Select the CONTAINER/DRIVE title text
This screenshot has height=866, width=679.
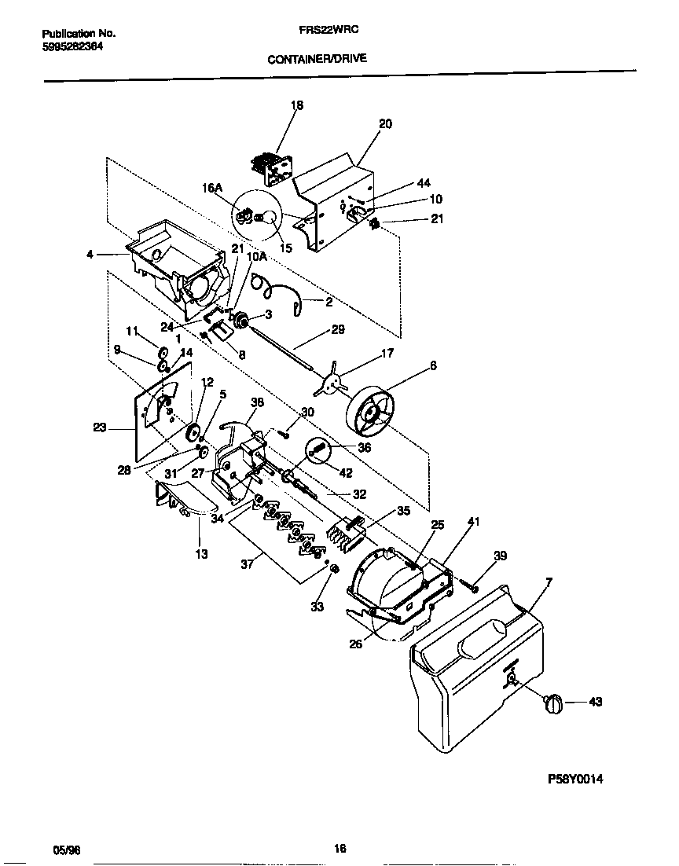317,58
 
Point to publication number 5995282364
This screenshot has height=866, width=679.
72,46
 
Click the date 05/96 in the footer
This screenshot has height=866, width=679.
66,849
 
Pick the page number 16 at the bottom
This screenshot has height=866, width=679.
339,849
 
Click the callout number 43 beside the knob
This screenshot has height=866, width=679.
595,702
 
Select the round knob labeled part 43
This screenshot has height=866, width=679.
553,703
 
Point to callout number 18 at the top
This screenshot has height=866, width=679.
297,105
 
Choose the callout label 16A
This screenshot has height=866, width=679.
212,188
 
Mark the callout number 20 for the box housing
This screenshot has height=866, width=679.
385,124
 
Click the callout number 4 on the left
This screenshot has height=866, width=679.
90,254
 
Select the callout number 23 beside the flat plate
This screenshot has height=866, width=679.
99,429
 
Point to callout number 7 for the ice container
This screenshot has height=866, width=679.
548,582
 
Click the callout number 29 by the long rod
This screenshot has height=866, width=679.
338,330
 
